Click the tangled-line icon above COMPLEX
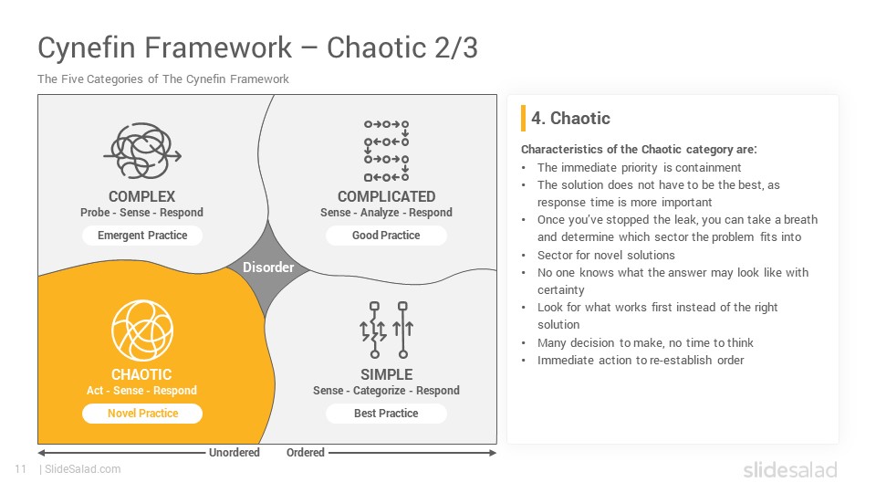[142, 151]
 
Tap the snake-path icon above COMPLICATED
[386, 151]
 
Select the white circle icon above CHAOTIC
[142, 330]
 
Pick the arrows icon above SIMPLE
[386, 330]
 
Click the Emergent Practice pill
[142, 236]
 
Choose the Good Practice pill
[386, 236]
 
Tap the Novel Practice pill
[142, 413]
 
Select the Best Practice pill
[386, 413]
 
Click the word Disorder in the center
[268, 267]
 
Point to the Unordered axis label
[235, 452]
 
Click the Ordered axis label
[305, 452]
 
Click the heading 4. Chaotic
[570, 118]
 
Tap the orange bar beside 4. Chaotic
[523, 118]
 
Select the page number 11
[21, 469]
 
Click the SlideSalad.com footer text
[82, 469]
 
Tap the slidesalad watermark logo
[790, 469]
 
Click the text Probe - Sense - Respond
[142, 213]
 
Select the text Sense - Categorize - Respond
[386, 390]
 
